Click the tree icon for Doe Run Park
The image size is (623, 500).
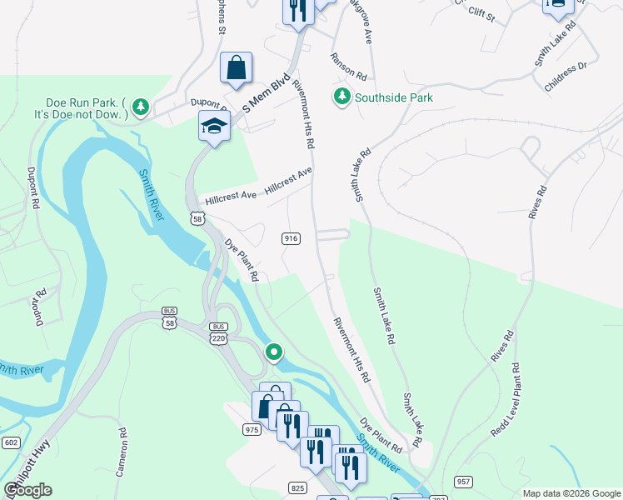click(x=142, y=106)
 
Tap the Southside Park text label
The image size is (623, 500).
click(x=394, y=97)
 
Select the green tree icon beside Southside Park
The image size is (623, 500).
click(x=341, y=97)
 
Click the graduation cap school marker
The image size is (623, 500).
click(x=214, y=127)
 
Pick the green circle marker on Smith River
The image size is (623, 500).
click(x=273, y=352)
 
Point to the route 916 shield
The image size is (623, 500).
click(x=291, y=238)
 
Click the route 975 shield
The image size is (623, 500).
click(x=252, y=429)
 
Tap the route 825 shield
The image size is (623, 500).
click(x=299, y=487)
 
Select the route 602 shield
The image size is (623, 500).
click(x=11, y=442)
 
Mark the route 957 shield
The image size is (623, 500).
click(x=464, y=482)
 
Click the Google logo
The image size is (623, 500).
click(x=28, y=489)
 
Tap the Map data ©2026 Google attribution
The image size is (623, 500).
click(x=571, y=493)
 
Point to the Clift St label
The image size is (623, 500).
click(x=481, y=14)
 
